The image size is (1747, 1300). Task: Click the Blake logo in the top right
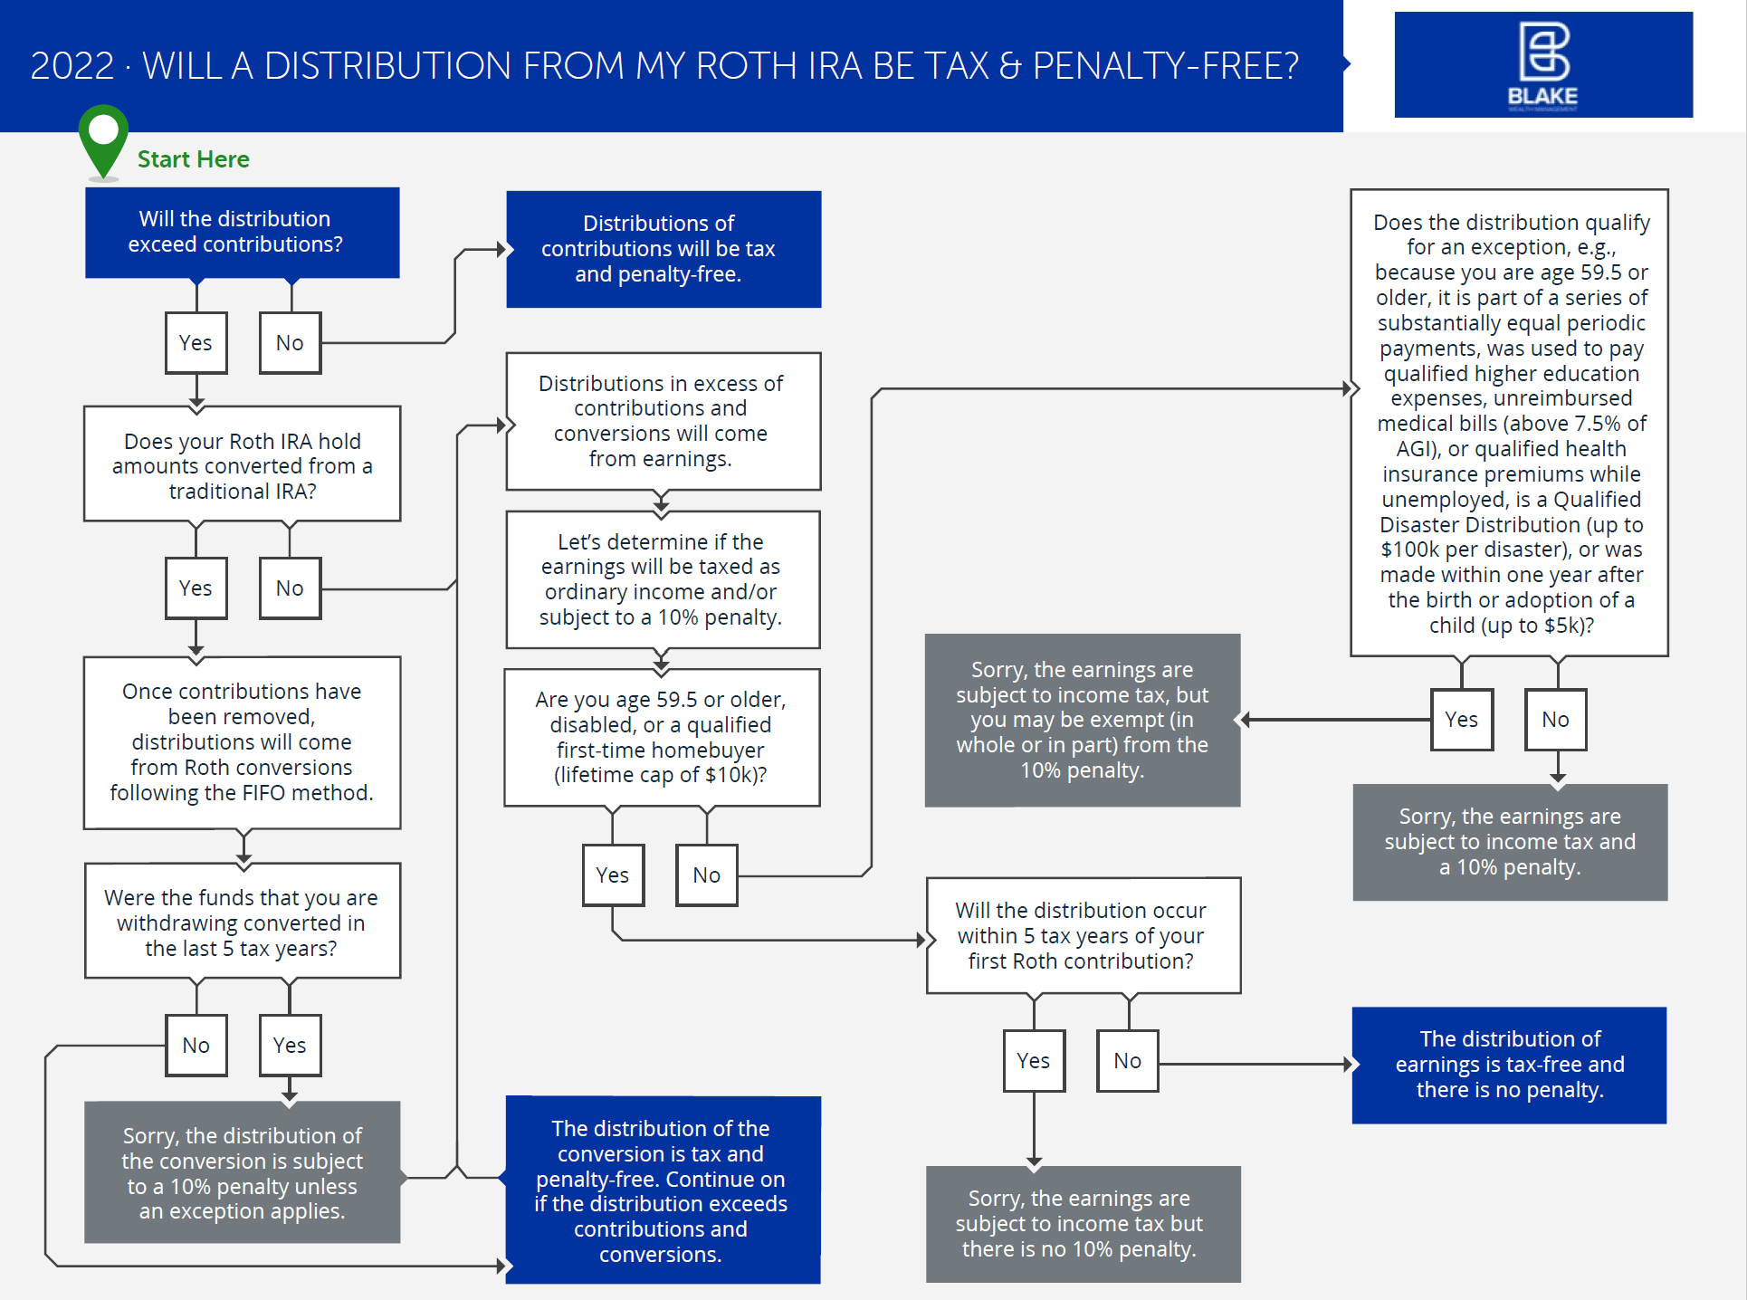(1542, 65)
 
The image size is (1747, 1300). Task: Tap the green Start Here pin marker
(103, 139)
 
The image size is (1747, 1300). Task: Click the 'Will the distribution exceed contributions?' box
(242, 233)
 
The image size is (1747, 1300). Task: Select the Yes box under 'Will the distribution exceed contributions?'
(196, 343)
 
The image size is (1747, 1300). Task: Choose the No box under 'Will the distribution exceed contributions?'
(290, 343)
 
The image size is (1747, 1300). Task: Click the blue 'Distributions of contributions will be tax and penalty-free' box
(663, 249)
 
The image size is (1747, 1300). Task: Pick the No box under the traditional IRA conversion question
(290, 588)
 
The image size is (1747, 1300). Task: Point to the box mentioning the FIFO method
(242, 742)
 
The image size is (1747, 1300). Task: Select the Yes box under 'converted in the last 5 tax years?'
(290, 1045)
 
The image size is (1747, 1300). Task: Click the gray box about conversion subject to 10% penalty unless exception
(242, 1172)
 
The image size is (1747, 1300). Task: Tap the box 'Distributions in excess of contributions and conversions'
(663, 421)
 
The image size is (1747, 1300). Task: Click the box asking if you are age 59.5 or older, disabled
(662, 737)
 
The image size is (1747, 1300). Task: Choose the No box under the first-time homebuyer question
(706, 875)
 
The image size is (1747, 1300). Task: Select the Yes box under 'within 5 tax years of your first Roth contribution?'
(1034, 1061)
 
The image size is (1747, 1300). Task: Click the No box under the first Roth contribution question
(1127, 1061)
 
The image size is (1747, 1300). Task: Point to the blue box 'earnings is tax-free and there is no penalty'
(1509, 1065)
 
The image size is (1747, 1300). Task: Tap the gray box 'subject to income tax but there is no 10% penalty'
(1083, 1224)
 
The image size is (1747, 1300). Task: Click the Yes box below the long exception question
(1461, 720)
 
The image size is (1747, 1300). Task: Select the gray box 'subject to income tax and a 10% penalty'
(1510, 842)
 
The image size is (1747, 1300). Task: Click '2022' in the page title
(72, 66)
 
